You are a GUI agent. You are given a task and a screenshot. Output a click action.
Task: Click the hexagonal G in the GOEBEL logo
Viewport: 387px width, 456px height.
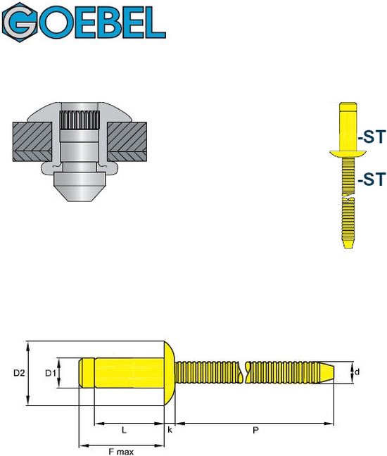coord(20,23)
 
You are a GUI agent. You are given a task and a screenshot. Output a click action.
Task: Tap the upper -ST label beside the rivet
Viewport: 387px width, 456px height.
coord(372,137)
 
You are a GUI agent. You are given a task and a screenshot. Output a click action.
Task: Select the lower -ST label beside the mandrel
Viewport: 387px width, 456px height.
coord(372,179)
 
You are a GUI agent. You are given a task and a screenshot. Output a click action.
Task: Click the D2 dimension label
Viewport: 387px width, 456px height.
coord(19,373)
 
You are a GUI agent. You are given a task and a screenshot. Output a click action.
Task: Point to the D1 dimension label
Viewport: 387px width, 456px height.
coord(51,373)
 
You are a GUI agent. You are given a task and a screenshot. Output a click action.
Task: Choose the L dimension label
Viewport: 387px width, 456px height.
coord(124,430)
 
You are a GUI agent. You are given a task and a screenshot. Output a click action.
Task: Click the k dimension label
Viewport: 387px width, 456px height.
coord(170,430)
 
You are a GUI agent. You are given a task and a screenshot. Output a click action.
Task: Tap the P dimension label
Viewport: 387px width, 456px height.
coord(255,430)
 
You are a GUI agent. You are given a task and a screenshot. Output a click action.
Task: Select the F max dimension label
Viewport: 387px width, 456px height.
coord(121,452)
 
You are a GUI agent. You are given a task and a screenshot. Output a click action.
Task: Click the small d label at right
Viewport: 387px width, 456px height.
coord(357,372)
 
